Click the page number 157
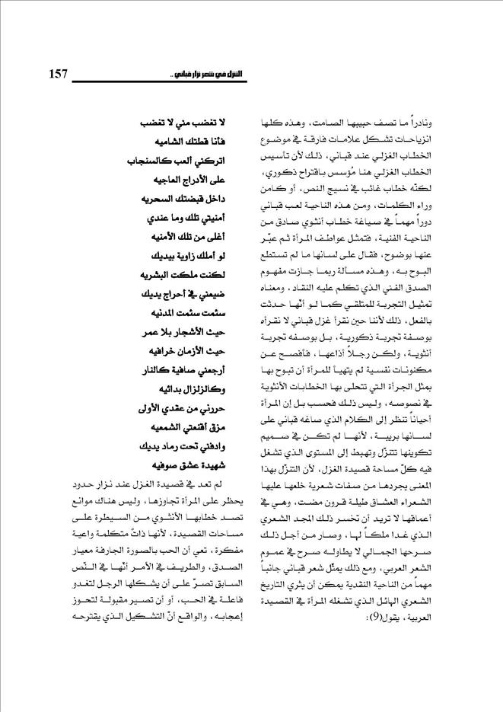[59, 74]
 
